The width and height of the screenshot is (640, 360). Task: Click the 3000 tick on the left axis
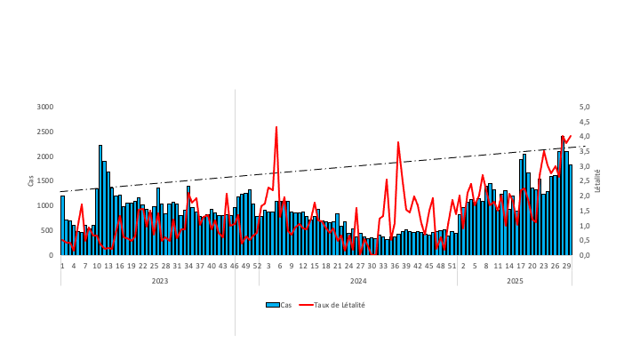[x=45, y=107]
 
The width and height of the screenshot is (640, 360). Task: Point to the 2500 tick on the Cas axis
[x=45, y=132]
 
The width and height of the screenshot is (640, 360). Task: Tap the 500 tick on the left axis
[x=47, y=230]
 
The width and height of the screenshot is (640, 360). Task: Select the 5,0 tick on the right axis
[x=585, y=107]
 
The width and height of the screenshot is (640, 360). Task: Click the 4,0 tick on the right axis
[x=585, y=136]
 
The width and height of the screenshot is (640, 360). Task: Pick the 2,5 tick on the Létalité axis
[x=585, y=181]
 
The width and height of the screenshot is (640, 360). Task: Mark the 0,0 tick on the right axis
[x=585, y=255]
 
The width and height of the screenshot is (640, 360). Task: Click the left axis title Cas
[x=31, y=180]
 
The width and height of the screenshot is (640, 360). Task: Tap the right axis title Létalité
[x=598, y=180]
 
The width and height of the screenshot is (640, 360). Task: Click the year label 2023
[x=160, y=281]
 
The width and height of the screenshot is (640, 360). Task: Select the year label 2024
[x=358, y=281]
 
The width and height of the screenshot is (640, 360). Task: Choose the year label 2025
[x=515, y=281]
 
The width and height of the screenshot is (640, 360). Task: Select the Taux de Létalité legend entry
[x=339, y=305]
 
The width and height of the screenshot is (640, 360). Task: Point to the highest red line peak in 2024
[x=276, y=127]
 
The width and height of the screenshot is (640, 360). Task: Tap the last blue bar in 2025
[x=570, y=210]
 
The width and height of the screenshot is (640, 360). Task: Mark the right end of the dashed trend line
[x=576, y=147]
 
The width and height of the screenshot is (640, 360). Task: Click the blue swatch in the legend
[x=272, y=305]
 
